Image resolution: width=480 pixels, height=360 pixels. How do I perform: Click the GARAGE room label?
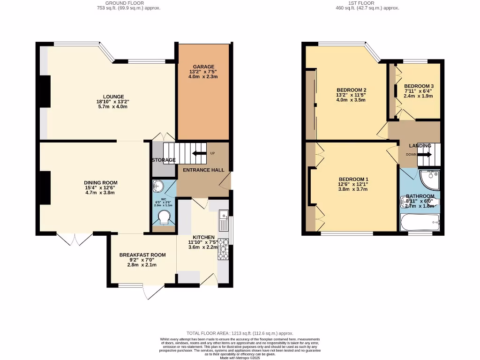point(203,67)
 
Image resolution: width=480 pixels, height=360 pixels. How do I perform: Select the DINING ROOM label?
point(101,183)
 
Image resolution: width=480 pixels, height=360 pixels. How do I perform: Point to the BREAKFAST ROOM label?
point(142,255)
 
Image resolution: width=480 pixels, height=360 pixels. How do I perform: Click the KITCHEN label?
point(203,237)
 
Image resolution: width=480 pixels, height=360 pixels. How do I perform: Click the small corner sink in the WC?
point(157,187)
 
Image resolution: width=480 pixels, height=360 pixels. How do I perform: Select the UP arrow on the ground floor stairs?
point(199,153)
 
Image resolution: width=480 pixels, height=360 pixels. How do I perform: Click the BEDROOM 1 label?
point(353,180)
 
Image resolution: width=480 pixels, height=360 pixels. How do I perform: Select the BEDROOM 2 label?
point(351,90)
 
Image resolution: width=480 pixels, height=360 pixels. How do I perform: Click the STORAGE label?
point(163,160)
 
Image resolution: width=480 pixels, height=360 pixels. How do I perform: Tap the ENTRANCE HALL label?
point(203,170)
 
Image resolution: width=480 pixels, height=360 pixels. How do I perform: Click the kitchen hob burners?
point(223,248)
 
